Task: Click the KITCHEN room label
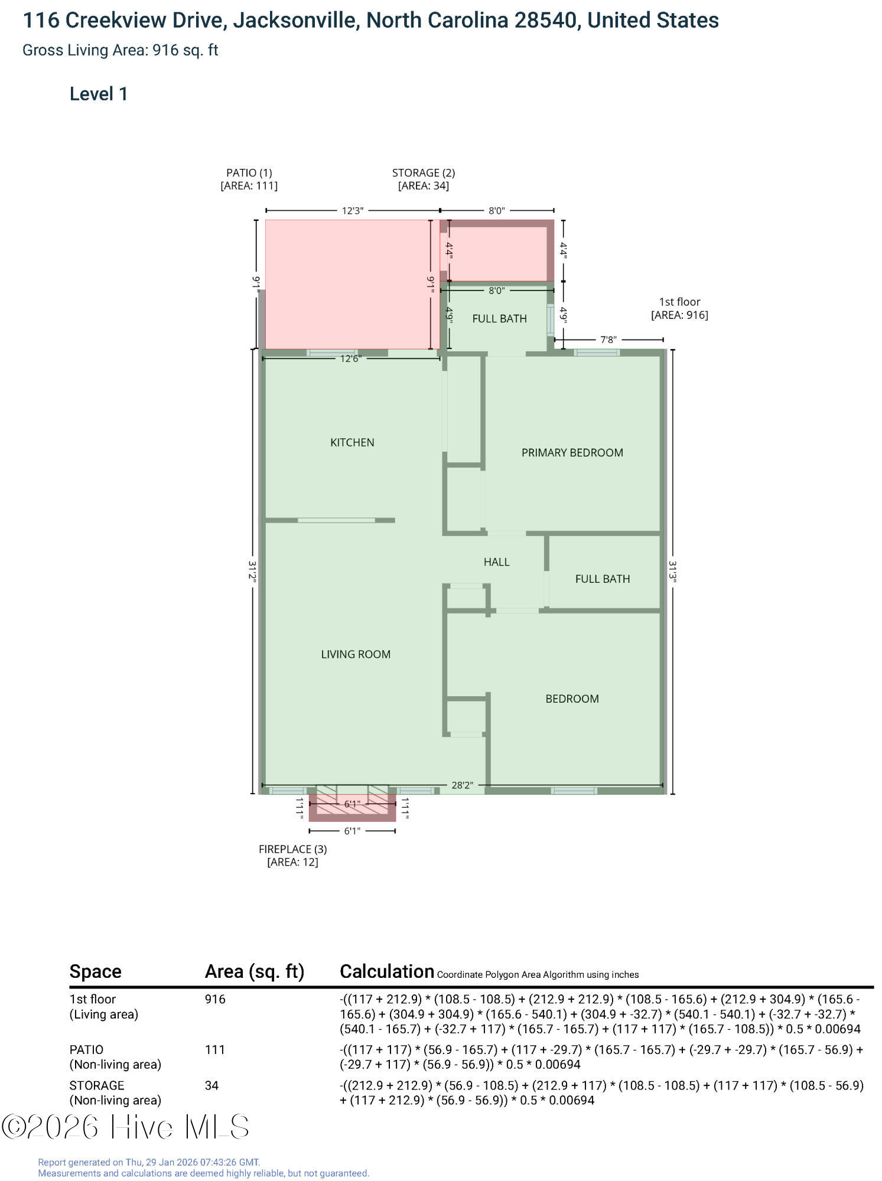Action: pos(352,442)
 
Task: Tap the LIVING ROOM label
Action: pos(356,654)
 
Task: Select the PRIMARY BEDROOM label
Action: pos(572,452)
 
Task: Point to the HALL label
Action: pos(496,562)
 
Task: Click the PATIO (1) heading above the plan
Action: pos(249,172)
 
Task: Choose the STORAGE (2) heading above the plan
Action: pos(424,172)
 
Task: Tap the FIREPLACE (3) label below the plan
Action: pos(292,849)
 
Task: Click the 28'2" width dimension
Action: pos(462,785)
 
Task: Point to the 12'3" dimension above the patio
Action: pos(353,210)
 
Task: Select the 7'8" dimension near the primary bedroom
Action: pos(608,340)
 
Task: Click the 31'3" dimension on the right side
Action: pos(672,572)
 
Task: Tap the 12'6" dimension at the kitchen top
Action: pos(350,358)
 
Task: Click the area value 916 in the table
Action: pos(215,999)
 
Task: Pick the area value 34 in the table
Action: pos(211,1085)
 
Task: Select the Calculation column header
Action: pos(387,971)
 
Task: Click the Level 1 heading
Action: pos(99,94)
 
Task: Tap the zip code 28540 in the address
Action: pos(545,21)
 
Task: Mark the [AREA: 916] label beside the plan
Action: pos(679,315)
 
